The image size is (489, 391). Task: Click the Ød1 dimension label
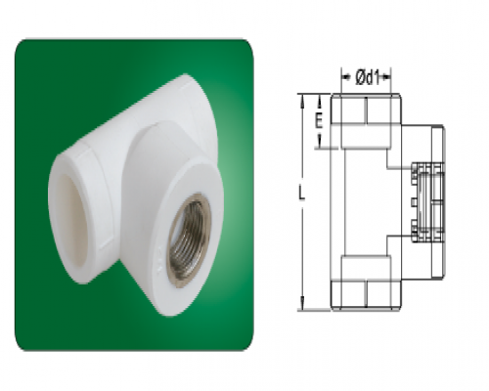(x=368, y=78)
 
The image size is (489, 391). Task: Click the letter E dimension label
(x=319, y=121)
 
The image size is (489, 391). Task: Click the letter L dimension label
(x=302, y=193)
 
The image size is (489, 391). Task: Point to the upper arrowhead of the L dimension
(x=303, y=100)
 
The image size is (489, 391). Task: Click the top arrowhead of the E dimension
(x=320, y=101)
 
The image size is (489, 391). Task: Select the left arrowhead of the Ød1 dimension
(x=345, y=77)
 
